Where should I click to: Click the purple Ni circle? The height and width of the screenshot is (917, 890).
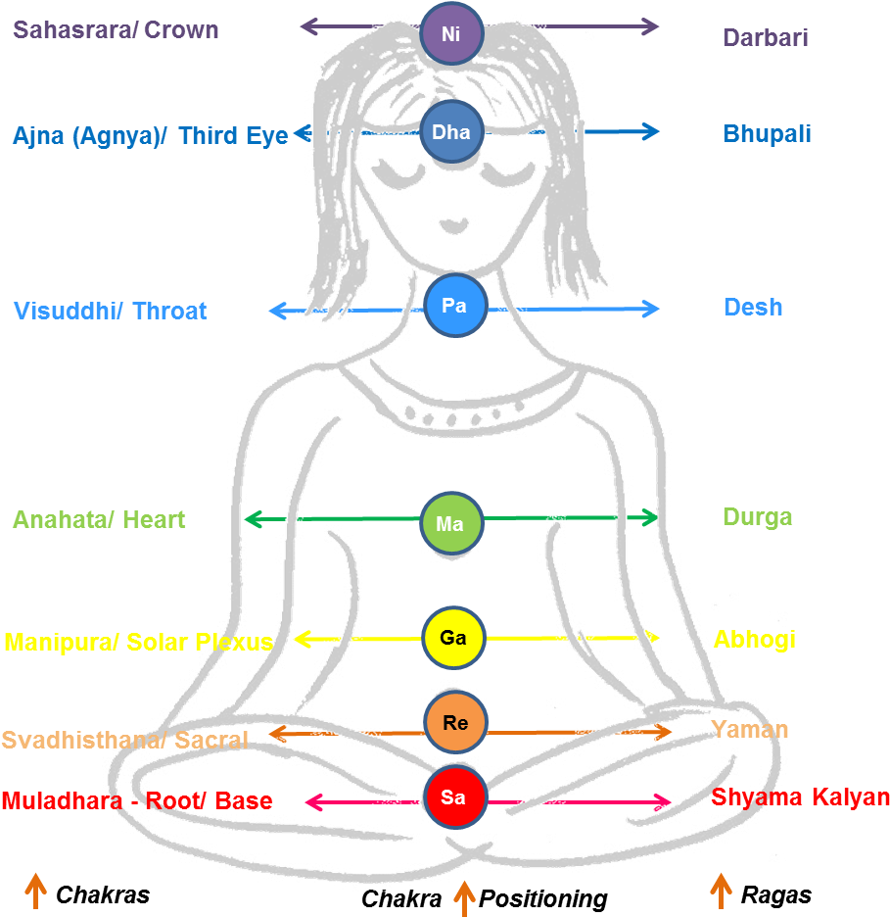coord(451,32)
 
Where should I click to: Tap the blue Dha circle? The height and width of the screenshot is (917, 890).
coord(451,131)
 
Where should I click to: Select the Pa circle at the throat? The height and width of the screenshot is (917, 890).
coord(454,306)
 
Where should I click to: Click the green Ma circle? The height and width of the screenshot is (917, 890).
coord(451,523)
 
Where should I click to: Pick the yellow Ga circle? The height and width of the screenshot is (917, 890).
coord(453,638)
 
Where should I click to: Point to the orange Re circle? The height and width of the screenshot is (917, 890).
coord(455,722)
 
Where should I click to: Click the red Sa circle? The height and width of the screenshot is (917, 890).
coord(454,796)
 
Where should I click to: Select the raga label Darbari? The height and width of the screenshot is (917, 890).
coord(766,38)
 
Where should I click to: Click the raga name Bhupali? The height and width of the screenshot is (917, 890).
coord(767,134)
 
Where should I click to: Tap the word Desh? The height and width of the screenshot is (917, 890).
coord(753,307)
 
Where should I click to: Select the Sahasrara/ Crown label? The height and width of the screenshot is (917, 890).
coord(116,29)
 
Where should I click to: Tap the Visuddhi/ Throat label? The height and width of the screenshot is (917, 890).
coord(110,312)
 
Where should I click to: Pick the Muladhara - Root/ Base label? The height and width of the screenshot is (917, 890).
coord(137,800)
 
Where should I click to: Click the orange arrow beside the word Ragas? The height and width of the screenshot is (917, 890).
coord(721,892)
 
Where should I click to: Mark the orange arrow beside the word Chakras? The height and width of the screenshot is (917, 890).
coord(35,892)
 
